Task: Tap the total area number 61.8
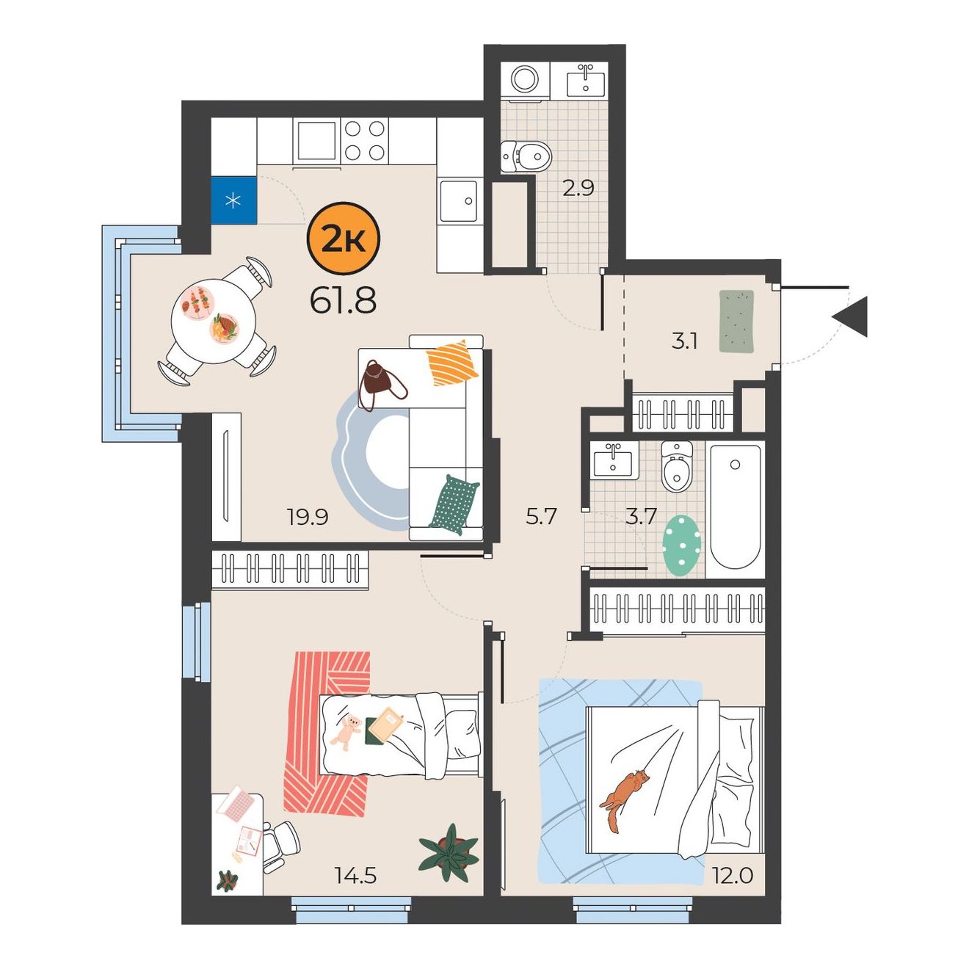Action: pyautogui.click(x=344, y=301)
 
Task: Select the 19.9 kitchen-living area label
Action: pyautogui.click(x=308, y=517)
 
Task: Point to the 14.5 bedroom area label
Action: pyautogui.click(x=355, y=876)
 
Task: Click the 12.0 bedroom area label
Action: pyautogui.click(x=732, y=876)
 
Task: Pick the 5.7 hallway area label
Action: pyautogui.click(x=541, y=517)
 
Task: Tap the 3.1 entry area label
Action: pyautogui.click(x=684, y=342)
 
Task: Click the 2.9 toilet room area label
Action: pyautogui.click(x=578, y=188)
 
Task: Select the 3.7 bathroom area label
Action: pyautogui.click(x=641, y=517)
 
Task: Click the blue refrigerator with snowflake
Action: pyautogui.click(x=234, y=200)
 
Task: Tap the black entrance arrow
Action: pyautogui.click(x=850, y=317)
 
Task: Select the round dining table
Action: pyautogui.click(x=214, y=322)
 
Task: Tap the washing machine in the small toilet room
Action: pyautogui.click(x=526, y=80)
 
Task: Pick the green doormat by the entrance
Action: pyautogui.click(x=737, y=321)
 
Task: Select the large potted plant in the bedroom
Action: pyautogui.click(x=448, y=853)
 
